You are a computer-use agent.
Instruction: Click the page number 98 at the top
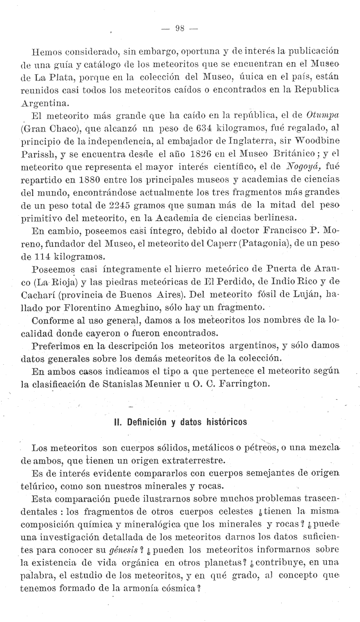tap(180, 28)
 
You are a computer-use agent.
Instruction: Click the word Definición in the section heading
tap(150, 422)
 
